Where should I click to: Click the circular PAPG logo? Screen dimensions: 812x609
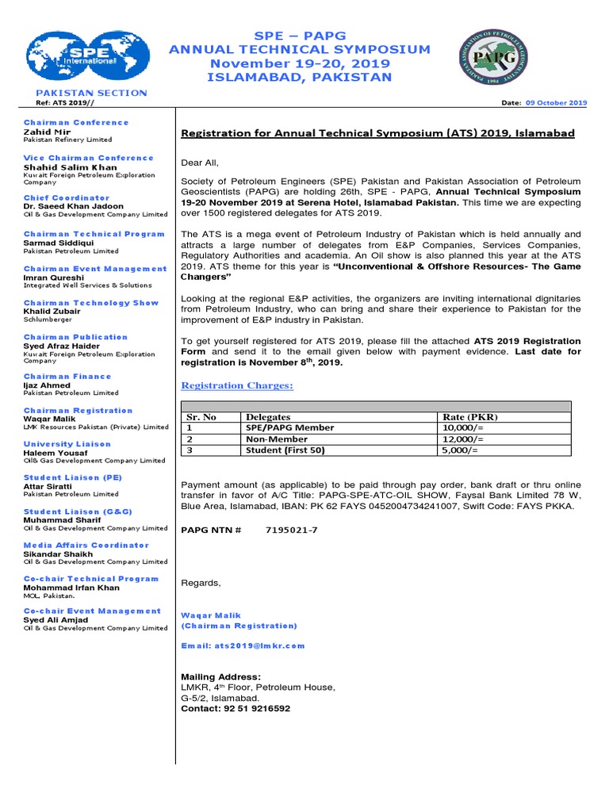[496, 57]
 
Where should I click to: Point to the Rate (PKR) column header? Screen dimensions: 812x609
[471, 417]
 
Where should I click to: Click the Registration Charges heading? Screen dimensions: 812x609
[237, 385]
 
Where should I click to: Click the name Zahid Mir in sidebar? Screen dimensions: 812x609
[42, 132]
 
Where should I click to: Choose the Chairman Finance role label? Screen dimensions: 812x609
[67, 377]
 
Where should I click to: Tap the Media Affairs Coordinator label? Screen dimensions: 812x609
[86, 545]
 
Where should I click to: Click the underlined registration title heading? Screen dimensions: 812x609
[377, 133]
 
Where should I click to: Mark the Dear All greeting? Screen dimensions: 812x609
[200, 162]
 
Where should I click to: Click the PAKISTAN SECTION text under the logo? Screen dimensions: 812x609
[86, 93]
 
